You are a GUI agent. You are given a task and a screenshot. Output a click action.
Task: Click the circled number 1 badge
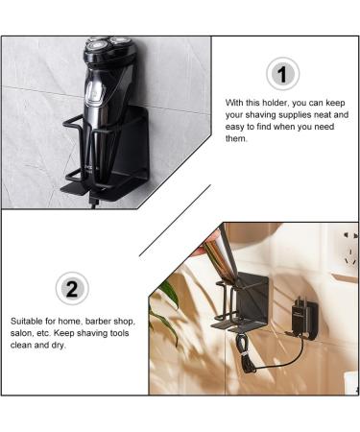[x=280, y=73]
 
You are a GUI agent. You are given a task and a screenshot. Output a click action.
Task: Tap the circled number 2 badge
[x=72, y=288]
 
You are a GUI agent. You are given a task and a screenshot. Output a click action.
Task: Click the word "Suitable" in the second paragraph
[x=29, y=321]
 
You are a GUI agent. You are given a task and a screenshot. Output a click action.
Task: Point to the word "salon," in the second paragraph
[x=25, y=333]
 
